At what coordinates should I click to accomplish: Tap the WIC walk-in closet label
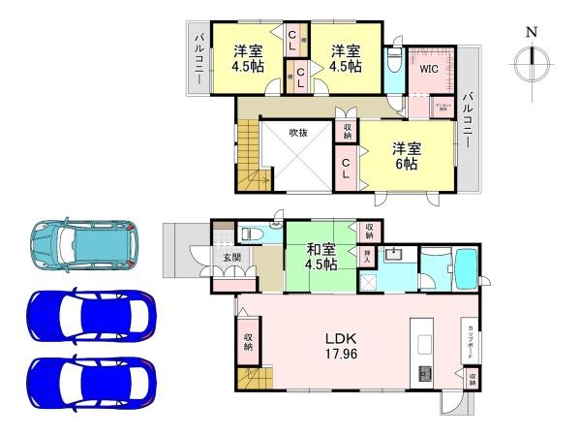(x=429, y=69)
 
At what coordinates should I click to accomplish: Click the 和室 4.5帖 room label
(x=321, y=256)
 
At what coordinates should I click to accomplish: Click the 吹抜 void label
(x=298, y=134)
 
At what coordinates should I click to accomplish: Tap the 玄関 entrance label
(x=231, y=258)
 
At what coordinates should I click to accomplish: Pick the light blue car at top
(x=84, y=245)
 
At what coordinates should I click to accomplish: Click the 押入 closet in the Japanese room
(x=368, y=258)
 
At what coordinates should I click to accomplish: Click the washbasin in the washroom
(x=395, y=256)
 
